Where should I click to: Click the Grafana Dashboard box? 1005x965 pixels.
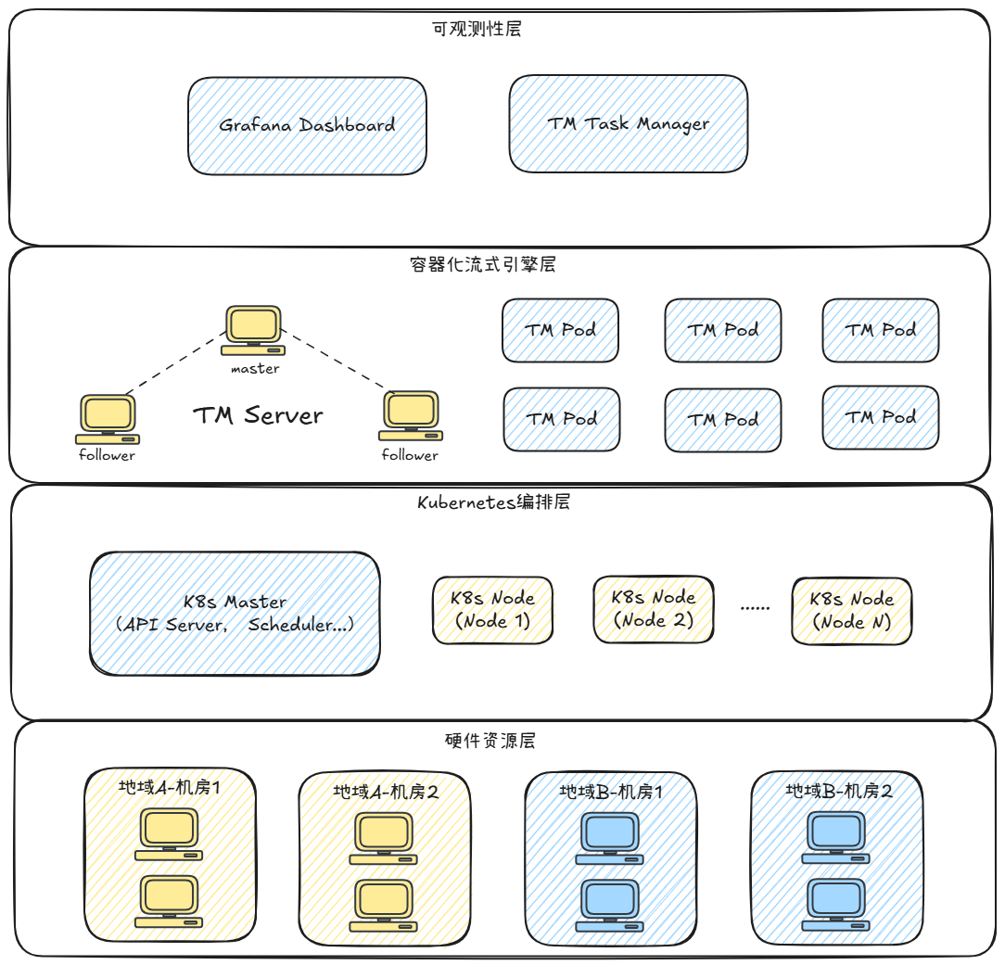tap(307, 125)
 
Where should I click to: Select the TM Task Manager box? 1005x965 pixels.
tap(628, 123)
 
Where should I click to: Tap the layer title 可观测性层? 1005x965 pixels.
tap(477, 29)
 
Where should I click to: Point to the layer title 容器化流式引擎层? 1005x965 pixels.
tap(482, 264)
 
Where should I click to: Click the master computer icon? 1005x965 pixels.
tap(253, 329)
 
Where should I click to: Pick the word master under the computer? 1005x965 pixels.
tap(255, 368)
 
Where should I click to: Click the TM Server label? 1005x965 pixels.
tap(258, 414)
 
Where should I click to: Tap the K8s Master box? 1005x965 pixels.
tap(235, 614)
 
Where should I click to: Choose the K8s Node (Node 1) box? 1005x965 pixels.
tap(492, 610)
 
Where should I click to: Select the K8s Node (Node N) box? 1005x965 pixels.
tap(851, 610)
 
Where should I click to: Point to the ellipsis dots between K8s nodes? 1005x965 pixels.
tap(756, 608)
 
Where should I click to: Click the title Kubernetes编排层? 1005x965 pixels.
tap(493, 502)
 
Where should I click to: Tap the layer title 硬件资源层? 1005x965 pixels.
tap(490, 741)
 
